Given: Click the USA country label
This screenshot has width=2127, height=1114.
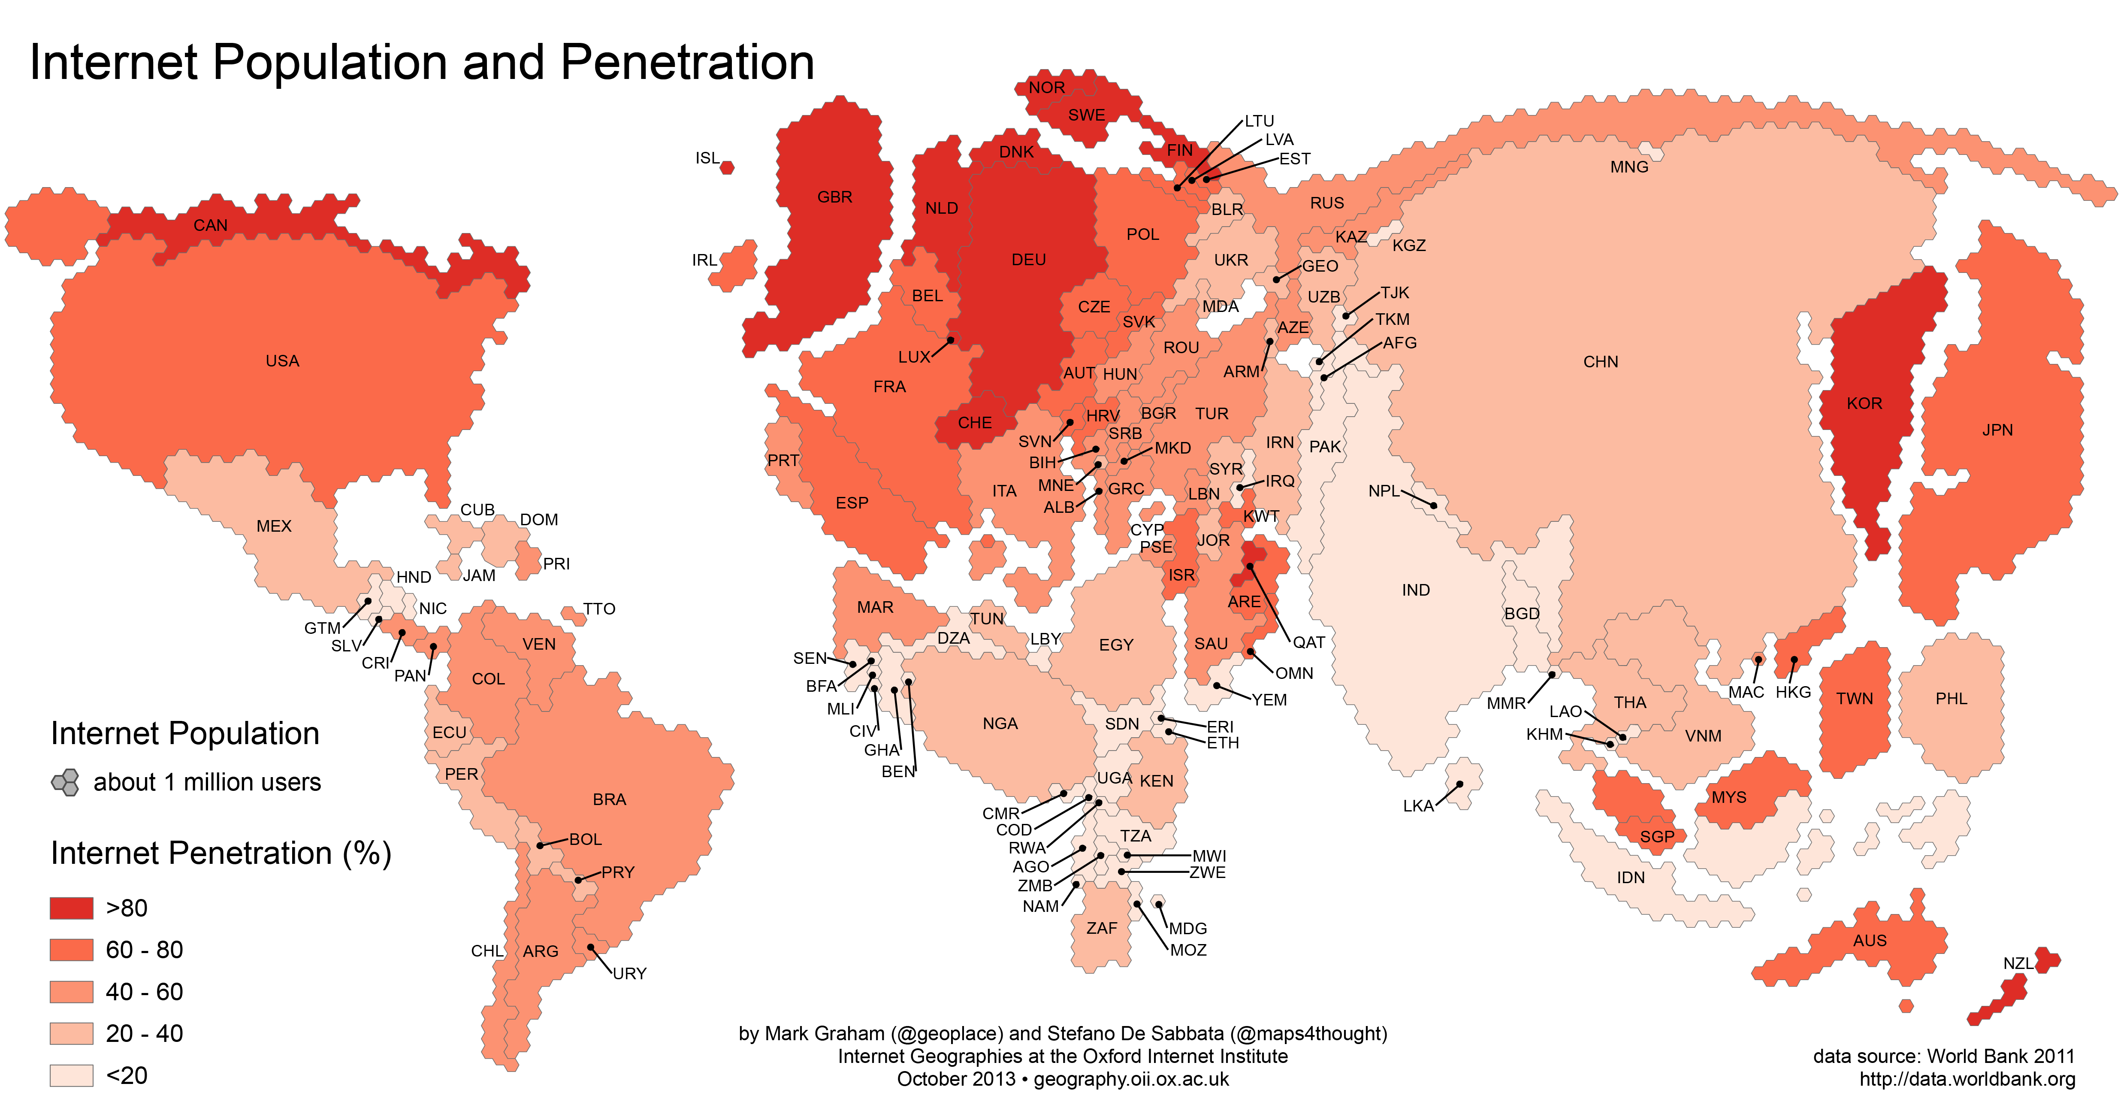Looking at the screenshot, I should point(282,361).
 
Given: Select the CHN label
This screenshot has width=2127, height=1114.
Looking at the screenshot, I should point(1600,362).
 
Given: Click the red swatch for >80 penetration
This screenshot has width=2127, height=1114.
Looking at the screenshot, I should point(71,908).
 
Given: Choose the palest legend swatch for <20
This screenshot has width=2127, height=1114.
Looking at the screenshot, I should point(71,1075).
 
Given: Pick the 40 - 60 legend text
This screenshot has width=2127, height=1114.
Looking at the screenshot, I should point(145,992).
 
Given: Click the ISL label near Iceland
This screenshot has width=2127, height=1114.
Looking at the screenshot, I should point(707,158).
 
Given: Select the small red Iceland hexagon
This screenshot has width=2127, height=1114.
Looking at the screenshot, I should point(727,168).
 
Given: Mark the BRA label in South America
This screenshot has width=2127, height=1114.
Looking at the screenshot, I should point(609,799).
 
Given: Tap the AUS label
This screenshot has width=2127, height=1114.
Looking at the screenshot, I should point(1869,941).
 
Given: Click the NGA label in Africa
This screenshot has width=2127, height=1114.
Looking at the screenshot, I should point(1000,723).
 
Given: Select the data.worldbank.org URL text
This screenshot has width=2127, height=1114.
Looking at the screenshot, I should point(1967,1079).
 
